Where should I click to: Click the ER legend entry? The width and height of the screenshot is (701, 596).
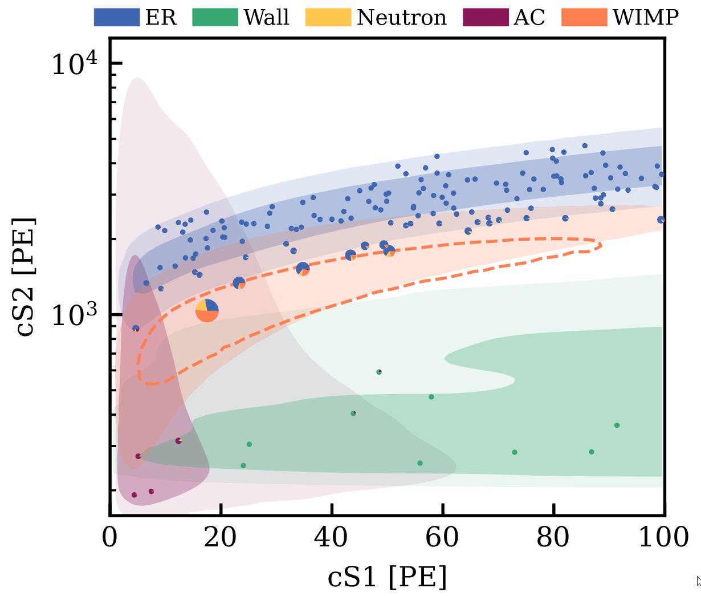[136, 17]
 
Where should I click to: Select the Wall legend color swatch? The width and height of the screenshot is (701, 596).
[215, 17]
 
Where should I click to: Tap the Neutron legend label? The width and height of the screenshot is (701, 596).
[401, 17]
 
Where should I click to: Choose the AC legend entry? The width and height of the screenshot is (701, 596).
[529, 17]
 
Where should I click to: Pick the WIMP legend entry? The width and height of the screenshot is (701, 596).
[645, 17]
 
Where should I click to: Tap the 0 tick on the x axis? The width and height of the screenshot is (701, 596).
[109, 537]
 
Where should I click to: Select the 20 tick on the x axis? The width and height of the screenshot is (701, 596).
[221, 537]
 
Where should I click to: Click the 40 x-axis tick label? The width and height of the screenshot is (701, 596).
[332, 537]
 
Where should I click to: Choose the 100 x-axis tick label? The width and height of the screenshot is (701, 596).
[663, 537]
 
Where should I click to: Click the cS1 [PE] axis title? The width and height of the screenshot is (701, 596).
[387, 577]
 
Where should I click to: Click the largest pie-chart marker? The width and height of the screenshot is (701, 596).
[207, 310]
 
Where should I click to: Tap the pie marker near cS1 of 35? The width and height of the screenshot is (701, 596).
[303, 269]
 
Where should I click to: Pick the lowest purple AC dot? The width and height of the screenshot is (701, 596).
[134, 495]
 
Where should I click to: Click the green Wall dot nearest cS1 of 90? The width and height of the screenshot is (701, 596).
[617, 425]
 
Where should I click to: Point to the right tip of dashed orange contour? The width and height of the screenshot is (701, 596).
[601, 245]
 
